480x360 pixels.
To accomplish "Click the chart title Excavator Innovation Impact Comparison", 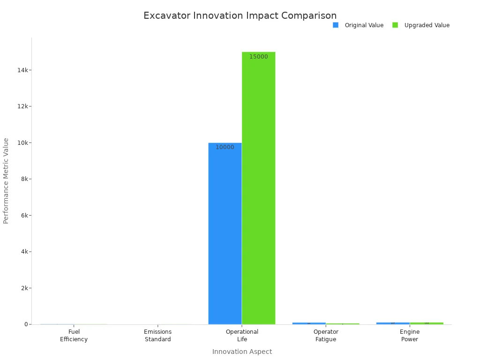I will (240, 16).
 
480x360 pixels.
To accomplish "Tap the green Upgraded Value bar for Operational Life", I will (258, 187).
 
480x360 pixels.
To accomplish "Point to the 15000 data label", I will (258, 57).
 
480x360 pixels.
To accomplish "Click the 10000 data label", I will (225, 147).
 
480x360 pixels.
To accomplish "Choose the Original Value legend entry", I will (359, 25).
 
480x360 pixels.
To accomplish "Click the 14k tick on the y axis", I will (22, 70).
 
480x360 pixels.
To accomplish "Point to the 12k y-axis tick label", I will (22, 106).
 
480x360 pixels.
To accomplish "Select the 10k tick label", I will (22, 143).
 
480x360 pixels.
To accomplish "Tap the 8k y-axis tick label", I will (24, 179).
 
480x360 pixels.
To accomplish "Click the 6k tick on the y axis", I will (24, 216).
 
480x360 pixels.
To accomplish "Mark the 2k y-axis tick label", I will (24, 288).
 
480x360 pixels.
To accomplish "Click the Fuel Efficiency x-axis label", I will (74, 336).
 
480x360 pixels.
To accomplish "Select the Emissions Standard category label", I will (158, 336).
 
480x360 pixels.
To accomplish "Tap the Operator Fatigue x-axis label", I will (326, 336).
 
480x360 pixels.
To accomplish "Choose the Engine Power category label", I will (410, 336).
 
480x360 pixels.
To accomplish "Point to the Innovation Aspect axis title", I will (242, 352).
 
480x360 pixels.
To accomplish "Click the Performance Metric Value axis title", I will (6, 180).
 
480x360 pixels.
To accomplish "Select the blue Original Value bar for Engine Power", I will (393, 323).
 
